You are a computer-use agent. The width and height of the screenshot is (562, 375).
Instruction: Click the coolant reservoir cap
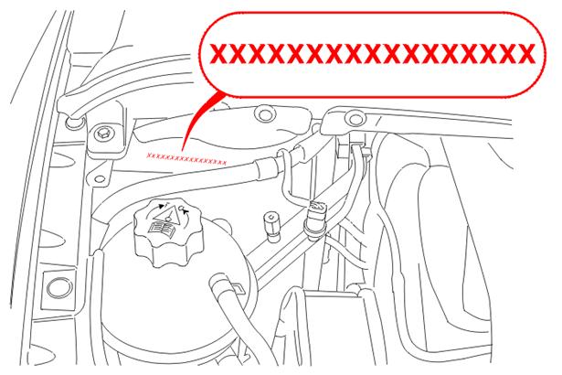168,233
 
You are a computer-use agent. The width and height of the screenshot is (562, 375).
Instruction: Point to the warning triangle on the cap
167,215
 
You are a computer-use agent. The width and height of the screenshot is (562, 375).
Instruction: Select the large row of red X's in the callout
372,54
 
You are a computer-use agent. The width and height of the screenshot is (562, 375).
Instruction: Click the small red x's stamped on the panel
186,159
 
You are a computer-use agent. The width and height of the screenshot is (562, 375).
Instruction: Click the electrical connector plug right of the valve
315,219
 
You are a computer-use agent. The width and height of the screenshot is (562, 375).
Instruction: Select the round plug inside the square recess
59,288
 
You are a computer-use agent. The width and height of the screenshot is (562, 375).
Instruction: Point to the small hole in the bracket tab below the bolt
101,179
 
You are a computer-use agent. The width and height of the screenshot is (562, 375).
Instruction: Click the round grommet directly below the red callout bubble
265,114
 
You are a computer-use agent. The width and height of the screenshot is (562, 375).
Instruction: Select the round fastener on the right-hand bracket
355,118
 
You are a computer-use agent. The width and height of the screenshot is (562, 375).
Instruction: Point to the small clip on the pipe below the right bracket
363,153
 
